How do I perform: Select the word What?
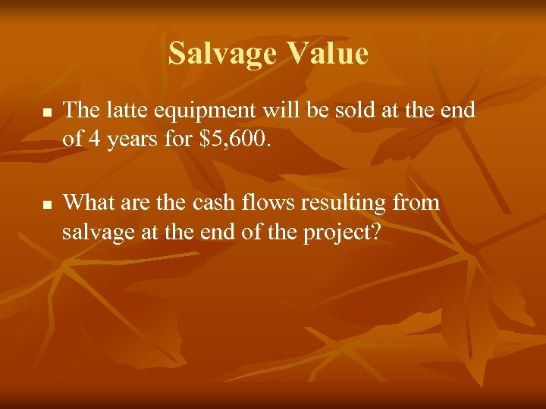(x=84, y=202)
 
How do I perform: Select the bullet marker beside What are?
(x=46, y=204)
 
